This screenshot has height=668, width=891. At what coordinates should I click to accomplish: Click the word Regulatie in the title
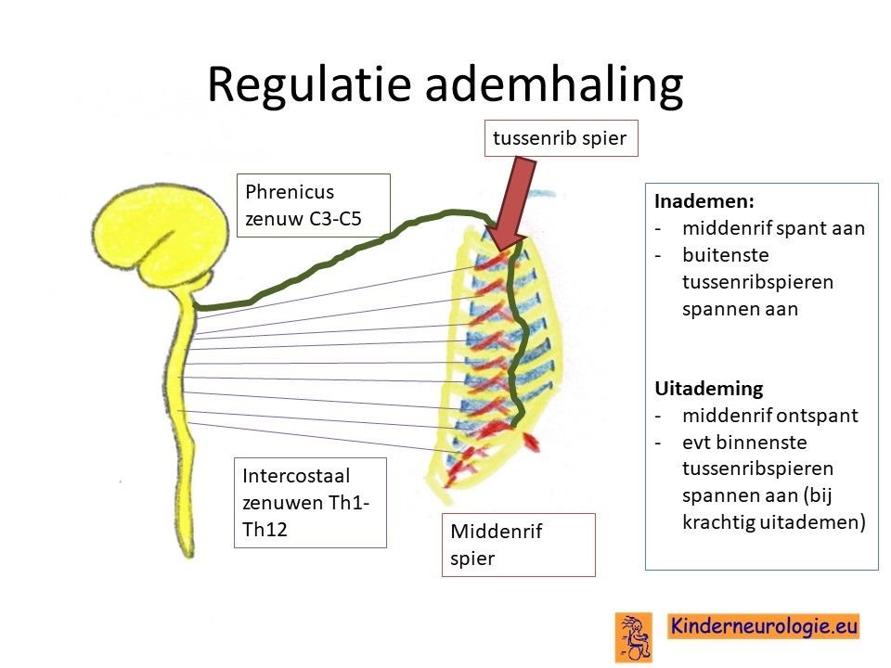pos(309,85)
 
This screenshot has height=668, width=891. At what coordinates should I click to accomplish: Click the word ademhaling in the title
pos(553,84)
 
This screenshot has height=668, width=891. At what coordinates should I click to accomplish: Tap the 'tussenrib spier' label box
pos(561,138)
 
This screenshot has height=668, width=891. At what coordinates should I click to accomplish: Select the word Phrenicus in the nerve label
pos(290,192)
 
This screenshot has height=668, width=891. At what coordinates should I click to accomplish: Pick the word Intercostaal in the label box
pos(296,475)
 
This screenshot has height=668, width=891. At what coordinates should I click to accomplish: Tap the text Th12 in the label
pos(265,530)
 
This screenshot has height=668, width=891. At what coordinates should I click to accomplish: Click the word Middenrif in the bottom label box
pos(496,532)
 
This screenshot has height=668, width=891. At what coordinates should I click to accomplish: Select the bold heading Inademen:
pos(704,201)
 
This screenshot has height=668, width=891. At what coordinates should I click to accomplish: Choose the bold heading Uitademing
pos(708,389)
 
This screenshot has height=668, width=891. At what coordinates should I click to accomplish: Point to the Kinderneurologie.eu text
pos(763,626)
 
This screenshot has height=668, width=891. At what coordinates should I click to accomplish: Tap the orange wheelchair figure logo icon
pos(634,636)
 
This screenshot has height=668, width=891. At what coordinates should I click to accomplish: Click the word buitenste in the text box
pos(726,255)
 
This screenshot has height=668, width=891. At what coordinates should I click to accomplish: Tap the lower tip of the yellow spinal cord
pos(188,557)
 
